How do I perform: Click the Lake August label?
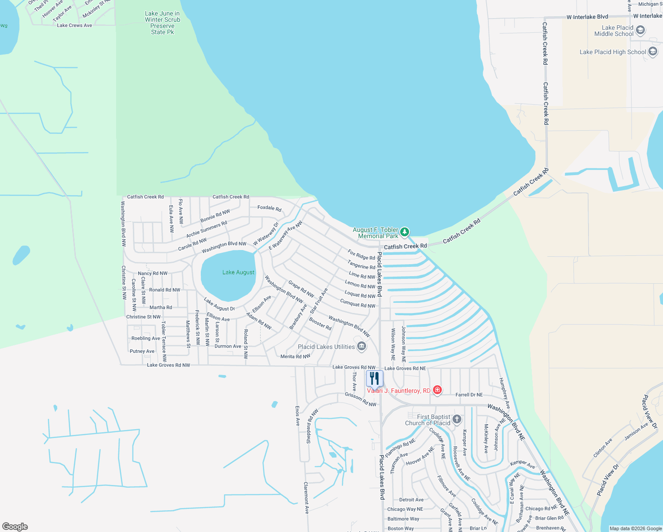point(238,272)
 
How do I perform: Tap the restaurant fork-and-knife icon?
point(374,379)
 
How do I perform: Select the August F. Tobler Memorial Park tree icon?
point(404,232)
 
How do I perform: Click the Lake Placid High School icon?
point(652,52)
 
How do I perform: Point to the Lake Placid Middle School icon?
point(640,30)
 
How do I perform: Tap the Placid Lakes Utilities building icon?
point(362,346)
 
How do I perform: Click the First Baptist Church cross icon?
point(457,419)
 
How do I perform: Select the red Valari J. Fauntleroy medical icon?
point(437,390)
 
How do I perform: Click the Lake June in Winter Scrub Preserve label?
point(162,23)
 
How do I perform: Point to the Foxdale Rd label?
point(269,208)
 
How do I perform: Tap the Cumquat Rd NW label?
point(358,304)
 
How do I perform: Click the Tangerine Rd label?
point(361,265)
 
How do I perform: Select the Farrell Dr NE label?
point(469,395)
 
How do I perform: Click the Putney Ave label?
point(142,351)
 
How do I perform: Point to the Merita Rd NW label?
point(295,356)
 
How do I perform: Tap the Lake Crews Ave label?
point(74,25)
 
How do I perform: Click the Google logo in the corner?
point(15,526)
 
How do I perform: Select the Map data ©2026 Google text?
point(635,528)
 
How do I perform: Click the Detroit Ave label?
point(411,500)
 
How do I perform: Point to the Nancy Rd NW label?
point(152,274)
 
